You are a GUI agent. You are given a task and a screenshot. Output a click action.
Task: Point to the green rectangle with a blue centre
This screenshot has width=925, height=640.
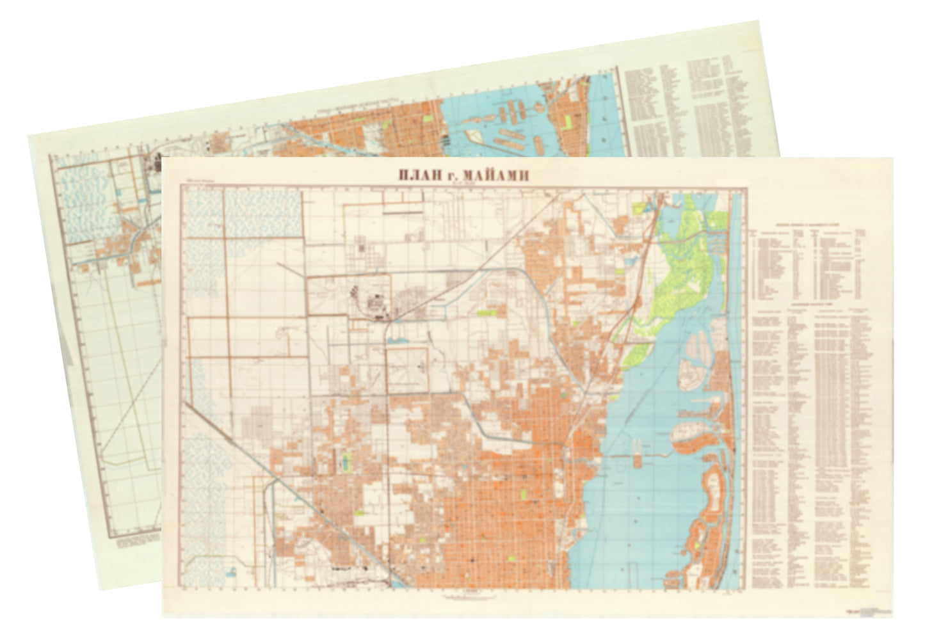(347, 461)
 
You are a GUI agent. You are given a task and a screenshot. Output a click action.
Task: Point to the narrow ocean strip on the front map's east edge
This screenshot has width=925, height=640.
(736, 384)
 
